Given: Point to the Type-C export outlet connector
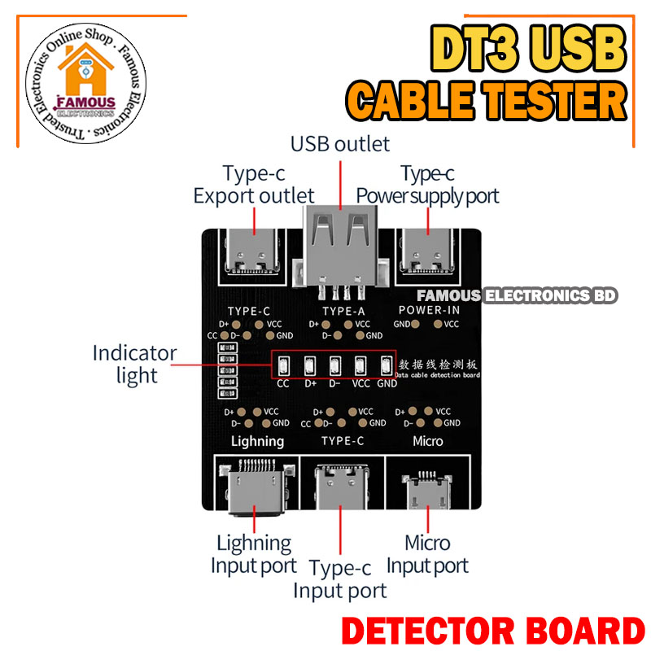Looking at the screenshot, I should (x=255, y=252).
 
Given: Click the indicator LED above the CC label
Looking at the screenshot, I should (x=283, y=365).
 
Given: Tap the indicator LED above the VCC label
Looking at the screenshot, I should (x=361, y=365).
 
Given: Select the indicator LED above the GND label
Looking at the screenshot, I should (x=387, y=365).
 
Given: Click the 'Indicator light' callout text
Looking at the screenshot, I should (x=134, y=364).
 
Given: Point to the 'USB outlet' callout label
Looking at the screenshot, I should (x=340, y=145).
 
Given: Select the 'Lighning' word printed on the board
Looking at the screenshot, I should (x=257, y=441).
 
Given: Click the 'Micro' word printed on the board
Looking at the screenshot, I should (x=428, y=441).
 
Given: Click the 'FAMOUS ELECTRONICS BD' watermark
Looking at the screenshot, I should (x=517, y=296).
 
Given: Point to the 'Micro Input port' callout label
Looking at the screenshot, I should (x=427, y=553).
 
